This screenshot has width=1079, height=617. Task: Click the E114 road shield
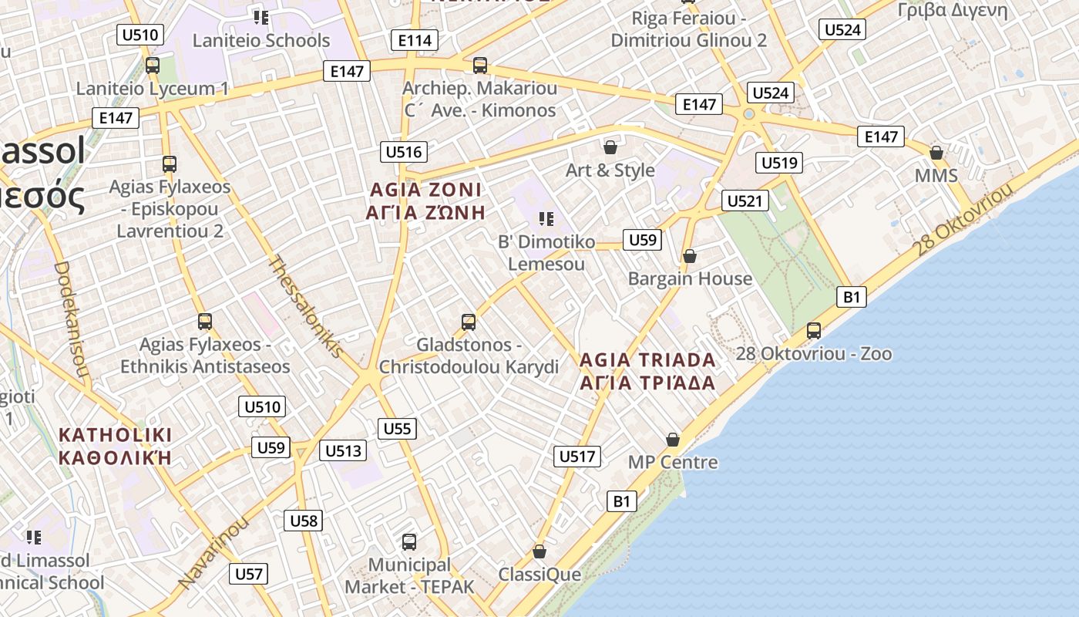(x=415, y=40)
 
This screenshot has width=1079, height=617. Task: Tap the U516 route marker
(x=404, y=151)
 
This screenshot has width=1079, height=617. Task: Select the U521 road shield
(x=745, y=201)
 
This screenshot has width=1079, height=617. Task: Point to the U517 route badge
(x=576, y=457)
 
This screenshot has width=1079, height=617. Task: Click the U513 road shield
(x=343, y=451)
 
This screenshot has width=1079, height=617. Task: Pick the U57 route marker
(x=249, y=574)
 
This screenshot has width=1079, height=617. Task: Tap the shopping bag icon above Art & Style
(x=610, y=147)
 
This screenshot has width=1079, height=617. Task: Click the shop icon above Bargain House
(x=690, y=255)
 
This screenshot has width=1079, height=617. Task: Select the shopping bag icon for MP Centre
(x=673, y=440)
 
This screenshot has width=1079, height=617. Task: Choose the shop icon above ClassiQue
(x=539, y=551)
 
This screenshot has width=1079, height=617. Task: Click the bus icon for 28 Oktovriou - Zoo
(x=813, y=331)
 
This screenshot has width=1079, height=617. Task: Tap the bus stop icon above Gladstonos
(x=468, y=322)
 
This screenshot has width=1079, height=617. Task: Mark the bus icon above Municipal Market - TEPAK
(x=409, y=541)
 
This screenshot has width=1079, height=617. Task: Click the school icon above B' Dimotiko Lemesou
(x=546, y=219)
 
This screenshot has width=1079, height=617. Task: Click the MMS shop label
(x=936, y=176)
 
